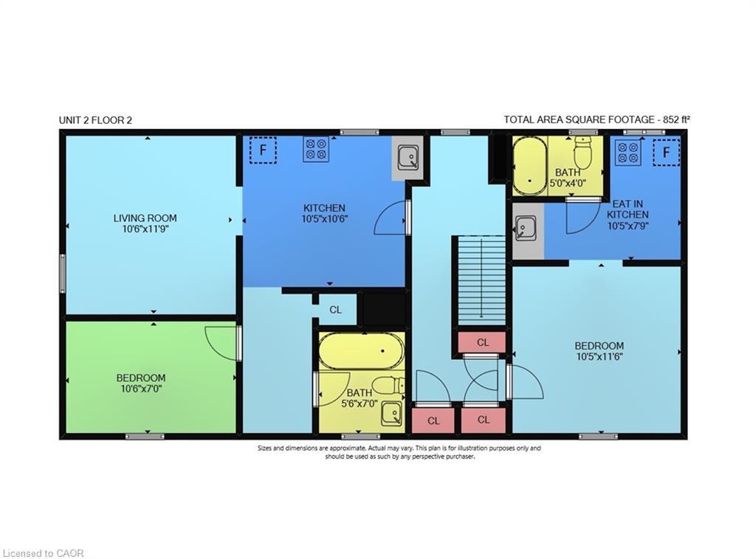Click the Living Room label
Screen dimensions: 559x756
[x=145, y=218]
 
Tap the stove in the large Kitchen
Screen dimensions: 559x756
[x=315, y=149]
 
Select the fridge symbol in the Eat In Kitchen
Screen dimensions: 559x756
[x=666, y=153]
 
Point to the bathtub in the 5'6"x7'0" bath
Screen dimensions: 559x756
[x=362, y=350]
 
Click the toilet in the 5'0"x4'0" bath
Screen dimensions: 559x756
[x=584, y=156]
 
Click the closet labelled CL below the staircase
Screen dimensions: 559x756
[x=482, y=342]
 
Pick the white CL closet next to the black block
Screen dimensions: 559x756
[x=335, y=310]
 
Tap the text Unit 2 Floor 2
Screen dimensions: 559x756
[x=95, y=120]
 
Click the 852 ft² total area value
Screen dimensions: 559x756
[x=674, y=119]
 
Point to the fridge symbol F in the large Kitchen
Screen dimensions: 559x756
[x=262, y=150]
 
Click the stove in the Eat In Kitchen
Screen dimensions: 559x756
[x=628, y=153]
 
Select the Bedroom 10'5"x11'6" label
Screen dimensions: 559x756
[x=599, y=350]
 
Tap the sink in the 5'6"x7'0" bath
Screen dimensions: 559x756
[x=391, y=414]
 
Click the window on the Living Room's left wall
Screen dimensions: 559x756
[x=63, y=273]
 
